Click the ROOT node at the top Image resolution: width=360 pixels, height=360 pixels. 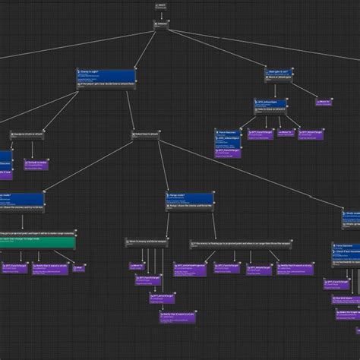tap(161, 5)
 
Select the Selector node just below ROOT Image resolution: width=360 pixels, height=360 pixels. tap(161, 24)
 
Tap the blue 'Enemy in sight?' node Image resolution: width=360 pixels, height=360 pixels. tap(106, 77)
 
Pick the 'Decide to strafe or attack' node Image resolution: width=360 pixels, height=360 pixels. tap(30, 134)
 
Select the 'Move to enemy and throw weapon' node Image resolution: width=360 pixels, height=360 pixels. tap(147, 242)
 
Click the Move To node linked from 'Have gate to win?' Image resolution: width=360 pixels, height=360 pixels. tap(323, 102)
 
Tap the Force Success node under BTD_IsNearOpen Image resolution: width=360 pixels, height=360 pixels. tap(228, 134)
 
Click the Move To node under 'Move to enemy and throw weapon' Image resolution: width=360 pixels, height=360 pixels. tap(137, 267)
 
